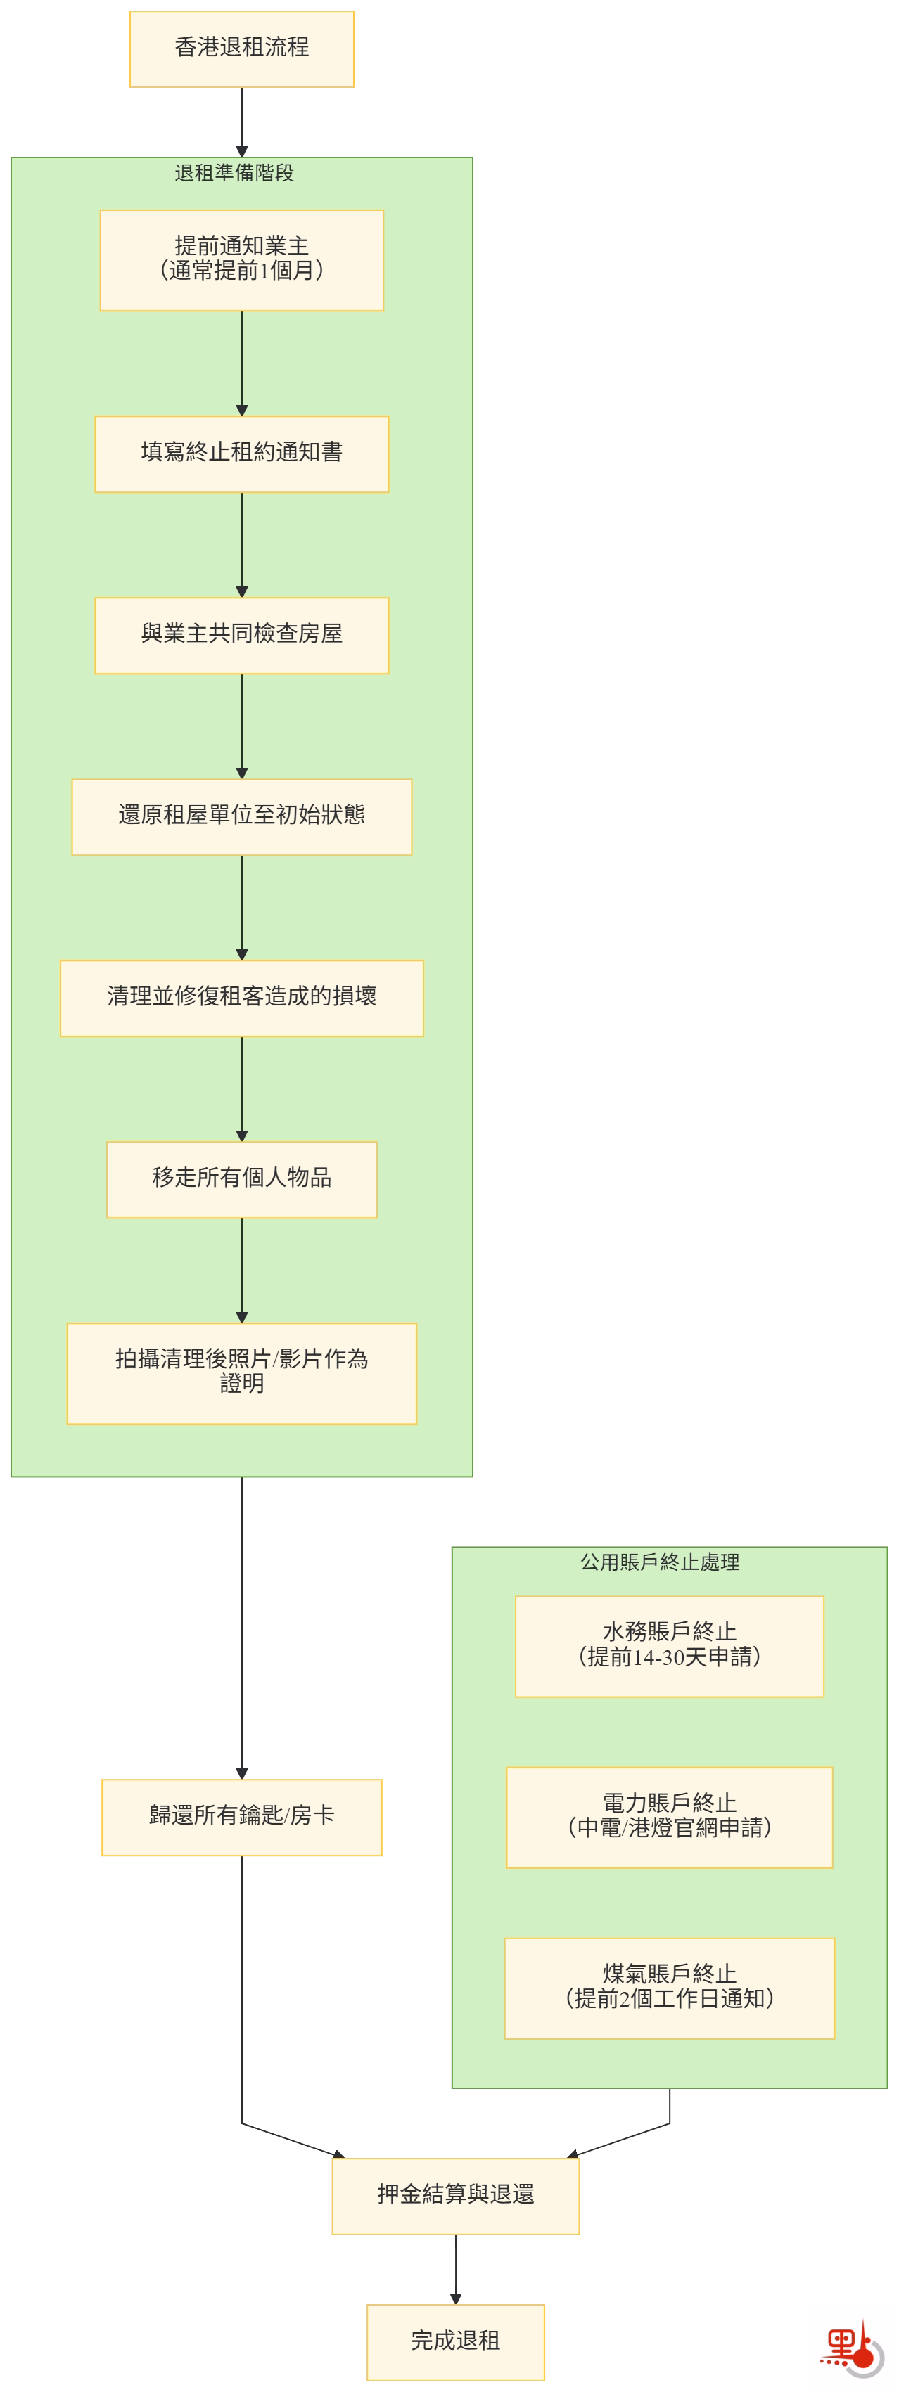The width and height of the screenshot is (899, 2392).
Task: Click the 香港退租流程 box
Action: click(x=241, y=49)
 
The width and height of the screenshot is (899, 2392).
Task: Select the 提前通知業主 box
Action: click(x=241, y=260)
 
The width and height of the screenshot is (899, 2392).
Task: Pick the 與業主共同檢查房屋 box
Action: click(x=241, y=635)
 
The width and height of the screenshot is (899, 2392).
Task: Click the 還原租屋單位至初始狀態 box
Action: click(x=241, y=817)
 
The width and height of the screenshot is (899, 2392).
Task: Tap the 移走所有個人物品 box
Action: click(x=241, y=1179)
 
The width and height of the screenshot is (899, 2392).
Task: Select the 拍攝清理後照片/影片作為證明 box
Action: click(x=241, y=1372)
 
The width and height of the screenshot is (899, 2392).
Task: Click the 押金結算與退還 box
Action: click(x=455, y=2196)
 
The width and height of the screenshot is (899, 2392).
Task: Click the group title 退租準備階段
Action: click(x=234, y=173)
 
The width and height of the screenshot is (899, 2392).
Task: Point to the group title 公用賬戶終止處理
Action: click(x=659, y=1562)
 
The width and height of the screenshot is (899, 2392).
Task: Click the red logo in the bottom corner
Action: click(x=850, y=2346)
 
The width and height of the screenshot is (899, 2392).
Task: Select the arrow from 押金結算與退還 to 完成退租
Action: click(x=455, y=2268)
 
